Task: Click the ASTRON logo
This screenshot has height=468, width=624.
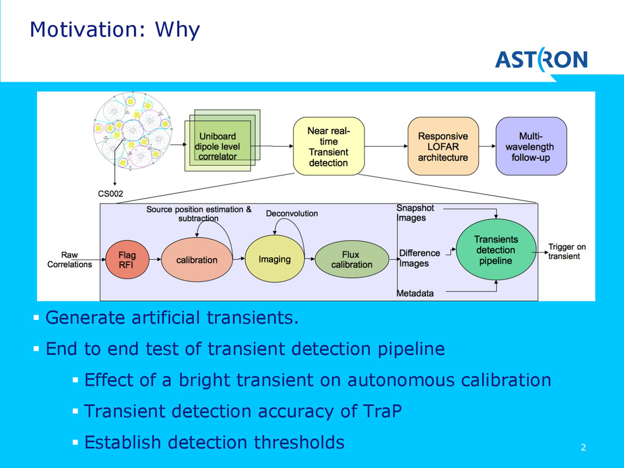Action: [x=541, y=60]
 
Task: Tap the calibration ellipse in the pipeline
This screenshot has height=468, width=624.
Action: [x=197, y=260]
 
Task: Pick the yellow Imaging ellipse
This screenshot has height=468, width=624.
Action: [x=274, y=260]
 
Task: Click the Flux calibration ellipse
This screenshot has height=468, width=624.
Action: [x=352, y=260]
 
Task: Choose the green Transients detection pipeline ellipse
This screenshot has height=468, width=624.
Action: [x=495, y=250]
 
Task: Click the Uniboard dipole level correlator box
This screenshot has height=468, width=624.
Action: [x=218, y=146]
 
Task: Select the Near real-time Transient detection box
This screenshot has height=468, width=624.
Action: [x=328, y=146]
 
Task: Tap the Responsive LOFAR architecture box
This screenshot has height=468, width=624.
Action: [x=443, y=146]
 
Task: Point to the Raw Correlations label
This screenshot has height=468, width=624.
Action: [x=69, y=260]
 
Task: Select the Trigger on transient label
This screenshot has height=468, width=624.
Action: [x=567, y=252]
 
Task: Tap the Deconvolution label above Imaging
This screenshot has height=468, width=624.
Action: [x=292, y=213]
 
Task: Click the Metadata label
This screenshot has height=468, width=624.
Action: [x=416, y=293]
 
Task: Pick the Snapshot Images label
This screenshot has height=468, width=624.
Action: [x=415, y=213]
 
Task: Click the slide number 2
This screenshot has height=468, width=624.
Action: [x=583, y=448]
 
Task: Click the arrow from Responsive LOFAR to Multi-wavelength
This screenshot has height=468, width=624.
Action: [x=487, y=146]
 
